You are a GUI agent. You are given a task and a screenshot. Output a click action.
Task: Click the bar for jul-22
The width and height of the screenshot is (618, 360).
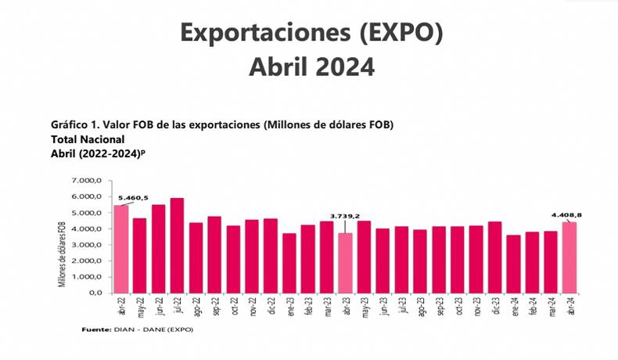coord(178,246)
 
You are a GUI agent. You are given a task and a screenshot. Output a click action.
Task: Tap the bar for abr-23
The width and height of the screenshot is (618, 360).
coord(345,263)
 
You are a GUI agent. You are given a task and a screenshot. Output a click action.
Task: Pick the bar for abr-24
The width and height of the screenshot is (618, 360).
coord(569,257)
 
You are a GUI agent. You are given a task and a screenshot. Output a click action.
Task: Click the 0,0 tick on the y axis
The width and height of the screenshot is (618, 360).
coord(95,293)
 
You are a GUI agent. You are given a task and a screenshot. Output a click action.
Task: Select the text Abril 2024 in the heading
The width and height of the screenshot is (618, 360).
coord(311,67)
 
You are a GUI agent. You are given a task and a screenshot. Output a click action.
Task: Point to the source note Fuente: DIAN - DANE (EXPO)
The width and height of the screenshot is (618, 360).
coord(137,329)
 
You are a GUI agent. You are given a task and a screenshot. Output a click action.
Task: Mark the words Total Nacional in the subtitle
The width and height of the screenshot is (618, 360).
coord(87,139)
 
